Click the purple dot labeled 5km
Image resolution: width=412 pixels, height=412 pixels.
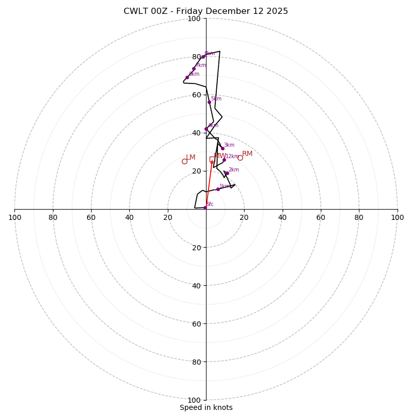pos(209,102)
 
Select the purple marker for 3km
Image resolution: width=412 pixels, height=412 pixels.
pos(222,148)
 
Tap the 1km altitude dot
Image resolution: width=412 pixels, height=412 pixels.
pos(218,189)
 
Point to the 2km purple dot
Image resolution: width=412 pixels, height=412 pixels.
pos(227,173)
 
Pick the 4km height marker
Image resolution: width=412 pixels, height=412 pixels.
pos(206,129)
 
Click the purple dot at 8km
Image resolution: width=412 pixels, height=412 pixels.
pos(203,57)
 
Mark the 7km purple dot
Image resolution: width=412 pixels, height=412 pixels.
pos(194,68)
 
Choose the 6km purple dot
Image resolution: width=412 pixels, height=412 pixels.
pos(187,77)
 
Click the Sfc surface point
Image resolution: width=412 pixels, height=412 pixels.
pos(205,208)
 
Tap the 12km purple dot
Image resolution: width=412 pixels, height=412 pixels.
pos(224,160)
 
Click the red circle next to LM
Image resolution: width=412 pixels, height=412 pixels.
pos(184,161)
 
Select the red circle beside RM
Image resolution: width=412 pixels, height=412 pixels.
pos(240,158)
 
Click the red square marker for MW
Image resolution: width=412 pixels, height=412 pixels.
pos(212,159)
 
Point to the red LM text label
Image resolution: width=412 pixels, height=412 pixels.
pos(191,157)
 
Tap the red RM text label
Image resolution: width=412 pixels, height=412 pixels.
pos(247,153)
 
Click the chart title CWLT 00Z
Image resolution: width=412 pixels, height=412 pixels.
pos(205,11)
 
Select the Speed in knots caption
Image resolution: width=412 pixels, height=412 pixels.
pos(206,407)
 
